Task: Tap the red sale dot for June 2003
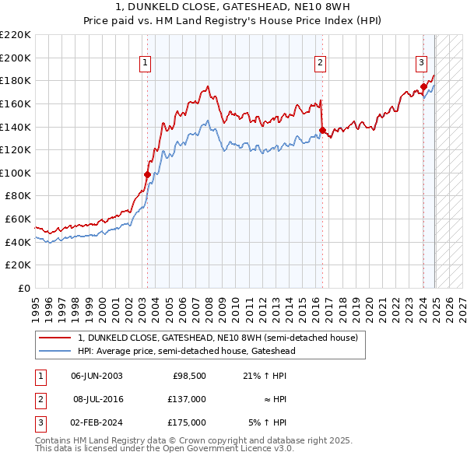(147, 174)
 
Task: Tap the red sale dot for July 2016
(322, 130)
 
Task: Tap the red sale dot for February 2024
(423, 86)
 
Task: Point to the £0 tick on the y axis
(26, 288)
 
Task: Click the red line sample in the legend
(54, 338)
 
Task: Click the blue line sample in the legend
(54, 351)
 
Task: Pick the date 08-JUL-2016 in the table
(98, 399)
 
